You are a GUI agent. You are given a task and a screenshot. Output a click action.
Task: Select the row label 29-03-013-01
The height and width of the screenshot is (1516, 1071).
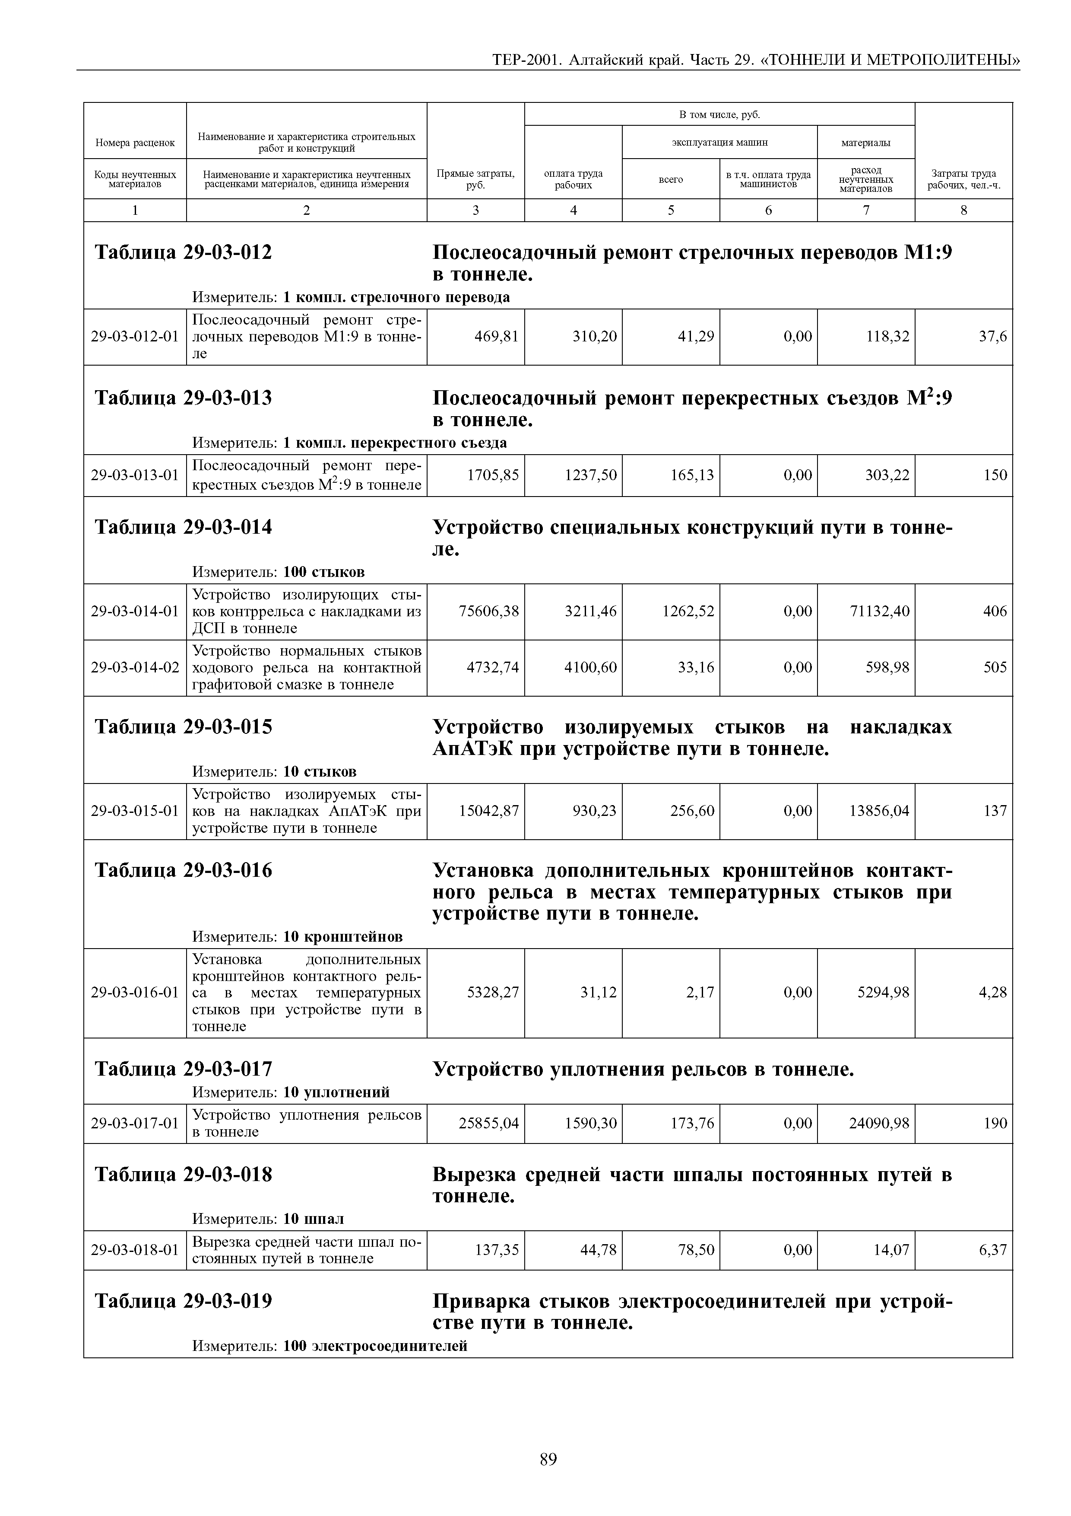135,475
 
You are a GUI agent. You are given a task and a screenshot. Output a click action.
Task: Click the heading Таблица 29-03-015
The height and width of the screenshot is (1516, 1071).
184,727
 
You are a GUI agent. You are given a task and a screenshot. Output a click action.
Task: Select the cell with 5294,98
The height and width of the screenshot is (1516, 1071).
883,992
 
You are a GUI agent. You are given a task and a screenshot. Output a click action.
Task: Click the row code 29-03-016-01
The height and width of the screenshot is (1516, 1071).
135,992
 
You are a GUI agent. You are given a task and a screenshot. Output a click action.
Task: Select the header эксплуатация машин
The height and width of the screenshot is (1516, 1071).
719,142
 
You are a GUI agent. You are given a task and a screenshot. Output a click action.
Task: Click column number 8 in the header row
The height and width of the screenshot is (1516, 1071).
963,210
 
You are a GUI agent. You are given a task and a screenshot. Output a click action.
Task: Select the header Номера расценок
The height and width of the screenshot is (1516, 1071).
135,142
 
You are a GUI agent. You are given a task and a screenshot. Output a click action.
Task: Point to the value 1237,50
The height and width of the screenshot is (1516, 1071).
591,475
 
